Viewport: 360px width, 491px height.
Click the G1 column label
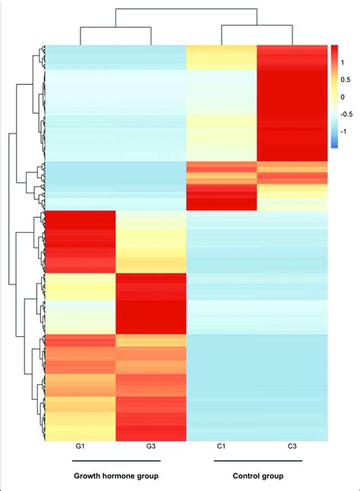coord(81,449)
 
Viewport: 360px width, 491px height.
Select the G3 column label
coord(151,449)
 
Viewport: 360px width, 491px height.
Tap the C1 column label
coord(222,449)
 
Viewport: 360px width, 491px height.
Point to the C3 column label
coord(292,449)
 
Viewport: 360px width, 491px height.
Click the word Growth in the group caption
coord(90,477)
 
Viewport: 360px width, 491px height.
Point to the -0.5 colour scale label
coord(348,115)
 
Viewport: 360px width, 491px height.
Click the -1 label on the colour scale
coord(345,131)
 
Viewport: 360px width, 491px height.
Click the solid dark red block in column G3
coord(151,304)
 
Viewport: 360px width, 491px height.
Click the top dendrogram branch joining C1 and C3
coord(257,25)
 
